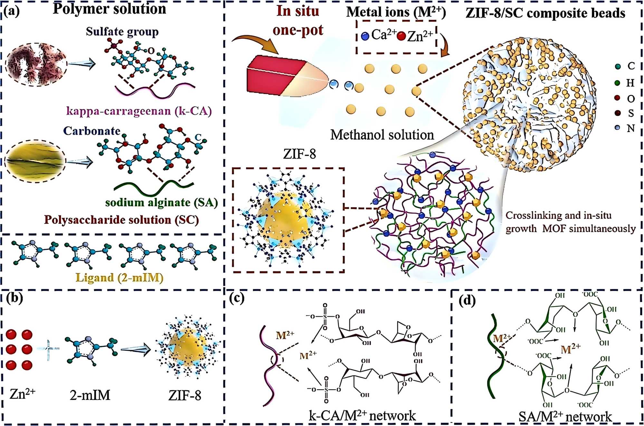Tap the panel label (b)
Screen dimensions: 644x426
15,298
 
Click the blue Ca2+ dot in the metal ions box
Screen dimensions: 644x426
365,36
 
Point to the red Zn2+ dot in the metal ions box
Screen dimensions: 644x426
401,36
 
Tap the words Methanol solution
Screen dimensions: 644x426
382,135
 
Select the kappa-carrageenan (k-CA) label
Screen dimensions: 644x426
139,111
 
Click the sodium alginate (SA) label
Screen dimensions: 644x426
161,203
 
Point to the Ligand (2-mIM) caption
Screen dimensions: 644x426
120,278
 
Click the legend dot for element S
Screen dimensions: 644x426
617,113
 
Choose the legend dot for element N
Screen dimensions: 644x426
617,128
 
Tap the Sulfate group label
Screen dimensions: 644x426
122,32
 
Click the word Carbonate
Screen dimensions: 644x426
91,131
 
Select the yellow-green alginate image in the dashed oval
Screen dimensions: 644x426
35,161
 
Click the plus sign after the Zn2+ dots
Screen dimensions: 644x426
48,349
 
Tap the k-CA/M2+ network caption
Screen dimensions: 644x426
362,416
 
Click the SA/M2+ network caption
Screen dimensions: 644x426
565,417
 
